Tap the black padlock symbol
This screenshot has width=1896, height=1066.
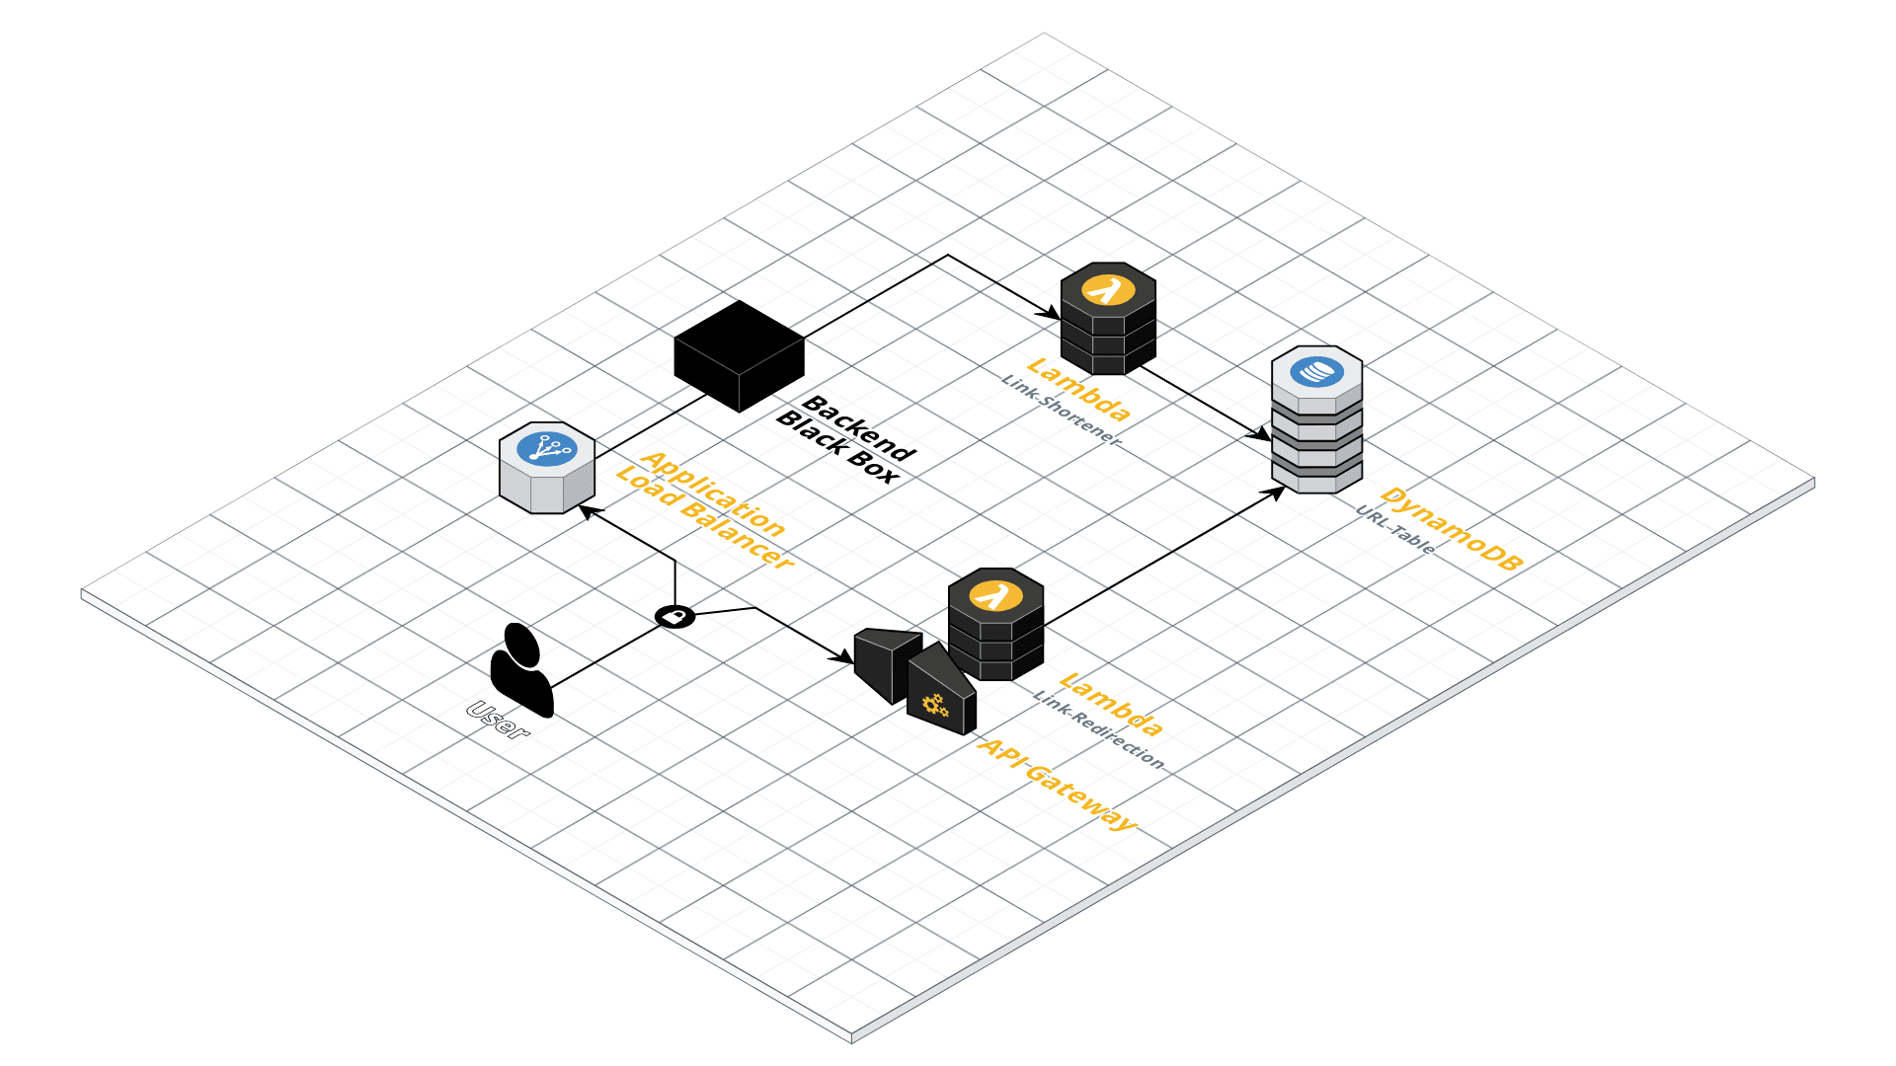[675, 617]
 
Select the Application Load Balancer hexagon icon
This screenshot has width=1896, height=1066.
[547, 469]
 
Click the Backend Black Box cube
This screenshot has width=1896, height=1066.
[739, 355]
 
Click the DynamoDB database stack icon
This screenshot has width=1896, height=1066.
[1316, 419]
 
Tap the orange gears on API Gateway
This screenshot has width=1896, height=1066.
[934, 705]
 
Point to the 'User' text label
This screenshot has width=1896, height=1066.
[498, 720]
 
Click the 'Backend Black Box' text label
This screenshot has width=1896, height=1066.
[847, 440]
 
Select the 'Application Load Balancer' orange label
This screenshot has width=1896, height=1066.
[704, 509]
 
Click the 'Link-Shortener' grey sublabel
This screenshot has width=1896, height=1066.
[1062, 411]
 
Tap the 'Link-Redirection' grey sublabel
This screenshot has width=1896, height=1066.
[1098, 728]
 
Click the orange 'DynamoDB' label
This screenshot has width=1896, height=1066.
[1452, 529]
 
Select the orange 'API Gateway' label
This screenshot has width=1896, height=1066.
[1057, 785]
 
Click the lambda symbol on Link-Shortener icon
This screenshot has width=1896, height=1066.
[1107, 290]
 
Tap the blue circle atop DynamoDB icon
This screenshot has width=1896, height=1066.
[1316, 371]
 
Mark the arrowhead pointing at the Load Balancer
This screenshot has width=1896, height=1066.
[584, 509]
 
